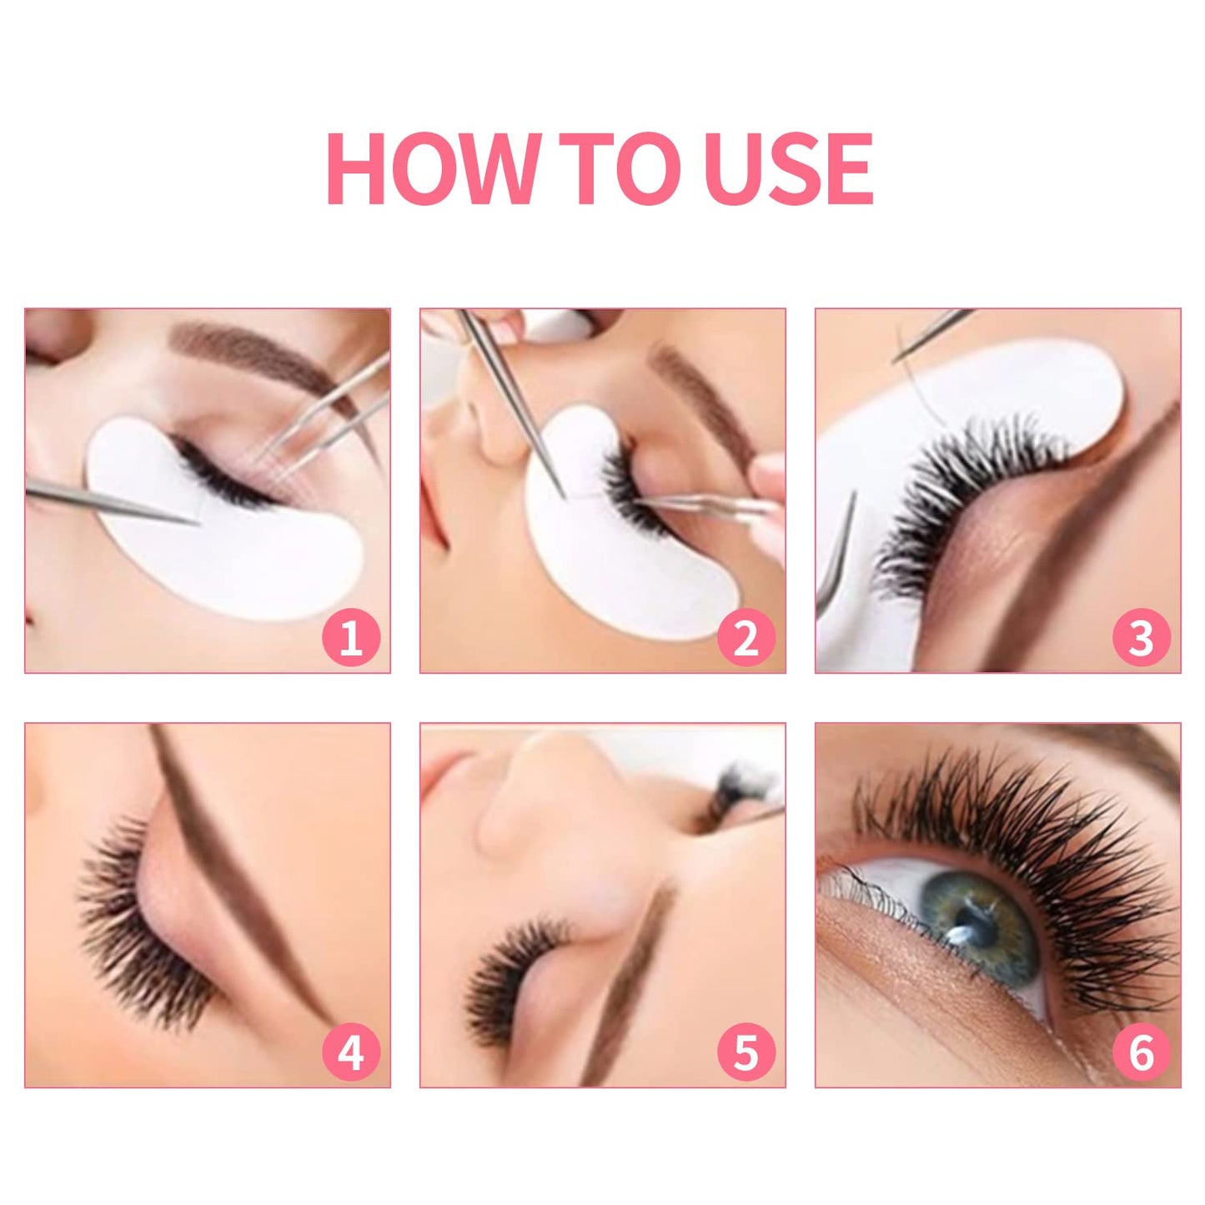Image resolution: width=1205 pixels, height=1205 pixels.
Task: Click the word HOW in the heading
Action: pos(433,169)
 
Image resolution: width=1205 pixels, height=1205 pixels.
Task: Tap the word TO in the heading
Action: pos(625,169)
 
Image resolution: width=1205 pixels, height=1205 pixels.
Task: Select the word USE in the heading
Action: pos(788,169)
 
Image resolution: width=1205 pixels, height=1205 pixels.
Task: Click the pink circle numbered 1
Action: pos(351,638)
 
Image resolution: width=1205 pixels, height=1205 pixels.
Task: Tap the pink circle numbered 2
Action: pos(746,638)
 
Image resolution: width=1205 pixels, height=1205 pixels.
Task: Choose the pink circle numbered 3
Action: pos(1141,638)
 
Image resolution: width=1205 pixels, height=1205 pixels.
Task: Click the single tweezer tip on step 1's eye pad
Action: pos(197,524)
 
